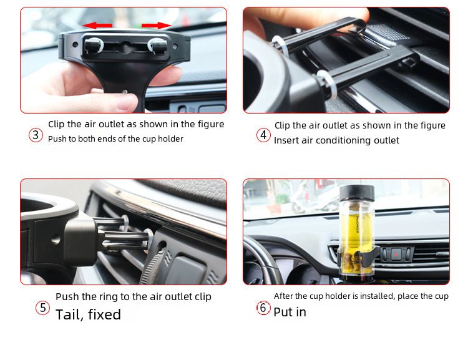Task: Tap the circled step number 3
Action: pyautogui.click(x=36, y=135)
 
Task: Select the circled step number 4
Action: pyautogui.click(x=263, y=135)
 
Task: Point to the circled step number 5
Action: pyautogui.click(x=42, y=308)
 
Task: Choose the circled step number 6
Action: pyautogui.click(x=263, y=308)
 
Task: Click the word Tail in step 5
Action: pyautogui.click(x=69, y=314)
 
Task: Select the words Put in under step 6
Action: pyautogui.click(x=290, y=312)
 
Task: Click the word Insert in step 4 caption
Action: pyautogui.click(x=286, y=140)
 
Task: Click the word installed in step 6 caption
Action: pyautogui.click(x=362, y=296)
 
